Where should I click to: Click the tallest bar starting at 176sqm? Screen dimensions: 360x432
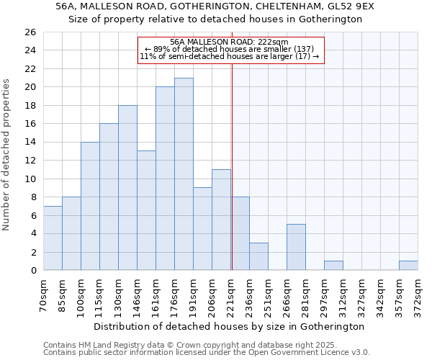pos(184,174)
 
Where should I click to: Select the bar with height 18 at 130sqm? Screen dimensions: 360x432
pos(127,188)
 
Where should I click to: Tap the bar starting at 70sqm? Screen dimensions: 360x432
pos(53,238)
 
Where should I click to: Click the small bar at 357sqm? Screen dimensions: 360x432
pos(408,266)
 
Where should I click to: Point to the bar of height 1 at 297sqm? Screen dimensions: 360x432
pos(333,266)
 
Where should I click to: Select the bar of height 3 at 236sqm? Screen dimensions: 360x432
pos(258,256)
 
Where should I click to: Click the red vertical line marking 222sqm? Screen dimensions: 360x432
pos(232,166)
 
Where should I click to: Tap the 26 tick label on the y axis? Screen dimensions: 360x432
pos(30,32)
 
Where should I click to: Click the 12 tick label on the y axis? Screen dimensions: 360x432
pos(30,161)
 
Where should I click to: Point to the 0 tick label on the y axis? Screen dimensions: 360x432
pos(32,271)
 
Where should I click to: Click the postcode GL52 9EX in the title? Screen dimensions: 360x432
pos(348,6)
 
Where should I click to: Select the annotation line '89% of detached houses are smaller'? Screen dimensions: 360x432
pos(230,49)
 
